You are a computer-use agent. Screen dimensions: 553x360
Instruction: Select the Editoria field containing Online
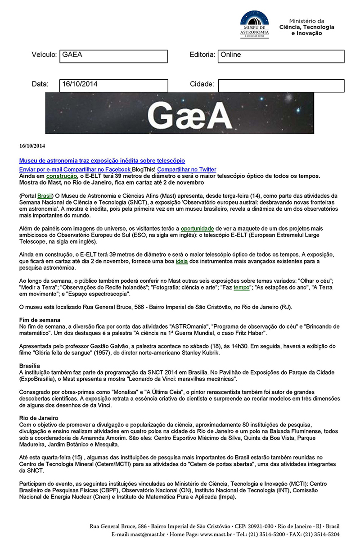click(x=281, y=56)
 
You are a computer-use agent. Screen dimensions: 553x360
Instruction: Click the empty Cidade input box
click(x=281, y=85)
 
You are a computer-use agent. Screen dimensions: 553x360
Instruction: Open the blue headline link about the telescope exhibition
click(x=102, y=161)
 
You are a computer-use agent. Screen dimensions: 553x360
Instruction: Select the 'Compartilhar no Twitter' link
click(x=186, y=169)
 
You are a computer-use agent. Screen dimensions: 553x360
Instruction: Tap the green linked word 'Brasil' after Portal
click(x=45, y=196)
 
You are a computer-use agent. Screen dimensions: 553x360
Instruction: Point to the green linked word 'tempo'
click(x=241, y=288)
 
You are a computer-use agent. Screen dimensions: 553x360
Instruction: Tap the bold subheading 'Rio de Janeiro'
click(x=38, y=418)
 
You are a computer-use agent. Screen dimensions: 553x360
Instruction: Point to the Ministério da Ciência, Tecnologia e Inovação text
click(x=306, y=27)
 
